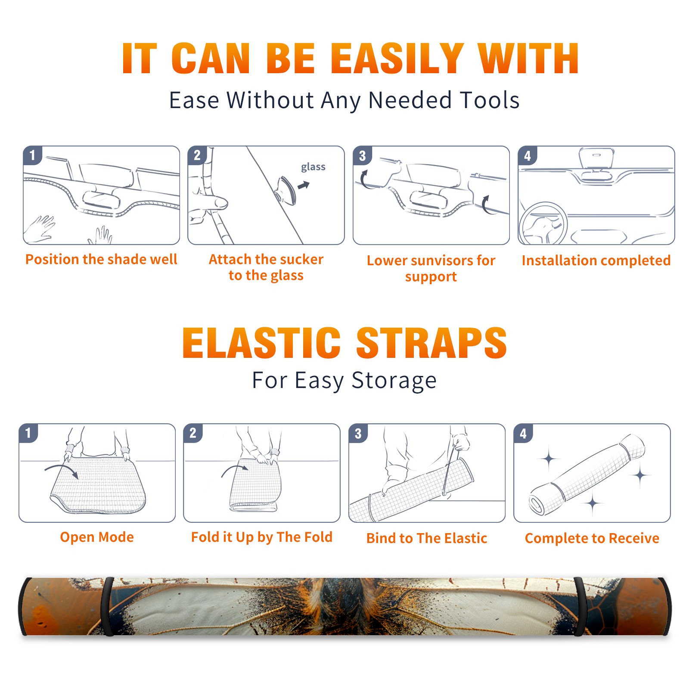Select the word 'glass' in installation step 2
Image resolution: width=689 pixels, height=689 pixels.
click(313, 167)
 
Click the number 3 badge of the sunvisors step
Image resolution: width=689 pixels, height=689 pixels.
click(362, 156)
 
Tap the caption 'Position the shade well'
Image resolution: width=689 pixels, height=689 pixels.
click(101, 259)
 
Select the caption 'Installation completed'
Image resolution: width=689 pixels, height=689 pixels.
click(596, 260)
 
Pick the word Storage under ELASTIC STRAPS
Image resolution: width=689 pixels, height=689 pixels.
click(394, 381)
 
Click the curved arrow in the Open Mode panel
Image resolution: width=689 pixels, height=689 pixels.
click(62, 470)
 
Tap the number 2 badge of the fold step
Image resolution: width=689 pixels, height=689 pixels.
click(193, 433)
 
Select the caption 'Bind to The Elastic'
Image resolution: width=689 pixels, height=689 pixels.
click(426, 538)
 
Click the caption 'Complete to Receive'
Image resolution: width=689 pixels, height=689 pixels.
click(592, 538)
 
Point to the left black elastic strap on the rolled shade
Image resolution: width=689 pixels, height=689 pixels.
click(108, 606)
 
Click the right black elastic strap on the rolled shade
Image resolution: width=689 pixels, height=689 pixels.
click(580, 606)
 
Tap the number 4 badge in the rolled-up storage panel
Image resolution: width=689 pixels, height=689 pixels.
click(523, 433)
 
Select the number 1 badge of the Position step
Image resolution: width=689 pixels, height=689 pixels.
click(33, 155)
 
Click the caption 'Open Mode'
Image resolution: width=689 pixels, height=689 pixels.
click(97, 537)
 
